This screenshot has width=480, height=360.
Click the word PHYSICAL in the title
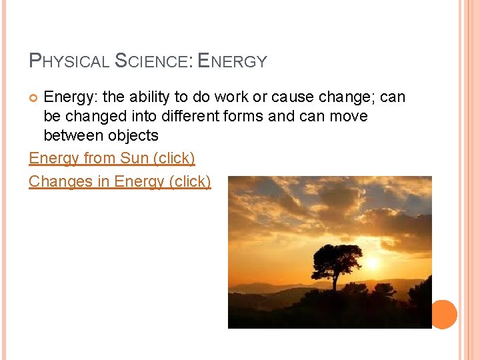pyautogui.click(x=69, y=61)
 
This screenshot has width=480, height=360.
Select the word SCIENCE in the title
pyautogui.click(x=153, y=61)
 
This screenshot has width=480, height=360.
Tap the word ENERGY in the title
pyautogui.click(x=233, y=61)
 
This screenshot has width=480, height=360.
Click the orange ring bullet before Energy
pyautogui.click(x=35, y=98)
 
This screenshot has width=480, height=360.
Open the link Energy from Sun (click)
pyautogui.click(x=112, y=159)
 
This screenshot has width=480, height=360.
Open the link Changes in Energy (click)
pyautogui.click(x=120, y=181)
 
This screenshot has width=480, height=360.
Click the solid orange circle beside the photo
pyautogui.click(x=443, y=314)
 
